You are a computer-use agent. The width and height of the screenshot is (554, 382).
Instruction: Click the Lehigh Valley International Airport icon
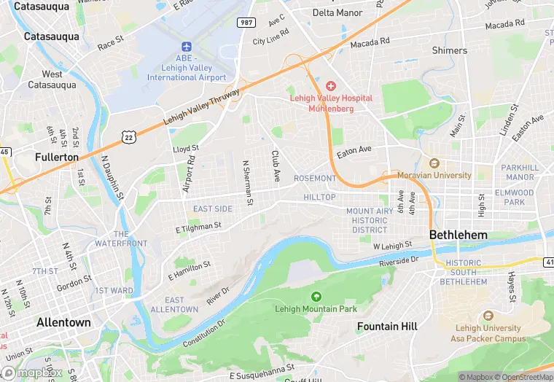click(186, 45)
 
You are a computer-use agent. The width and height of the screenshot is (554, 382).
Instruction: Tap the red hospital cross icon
click(331, 86)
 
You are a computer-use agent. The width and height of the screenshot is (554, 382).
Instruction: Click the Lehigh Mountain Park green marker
click(316, 297)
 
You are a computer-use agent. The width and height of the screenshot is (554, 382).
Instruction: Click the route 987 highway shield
click(246, 23)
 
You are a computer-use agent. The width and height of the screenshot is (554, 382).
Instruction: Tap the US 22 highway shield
click(128, 136)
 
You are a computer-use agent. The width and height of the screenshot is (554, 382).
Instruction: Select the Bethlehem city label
click(458, 235)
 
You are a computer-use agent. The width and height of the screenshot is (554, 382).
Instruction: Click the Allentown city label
click(64, 322)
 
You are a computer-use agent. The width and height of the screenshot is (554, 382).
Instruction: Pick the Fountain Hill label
click(387, 327)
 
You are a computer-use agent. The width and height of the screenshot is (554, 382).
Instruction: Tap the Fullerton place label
click(57, 157)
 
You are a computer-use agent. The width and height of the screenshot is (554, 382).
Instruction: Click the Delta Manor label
click(338, 13)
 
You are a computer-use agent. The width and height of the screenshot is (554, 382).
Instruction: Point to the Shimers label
click(449, 50)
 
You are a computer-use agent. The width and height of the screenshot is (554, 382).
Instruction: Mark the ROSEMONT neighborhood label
click(315, 179)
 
